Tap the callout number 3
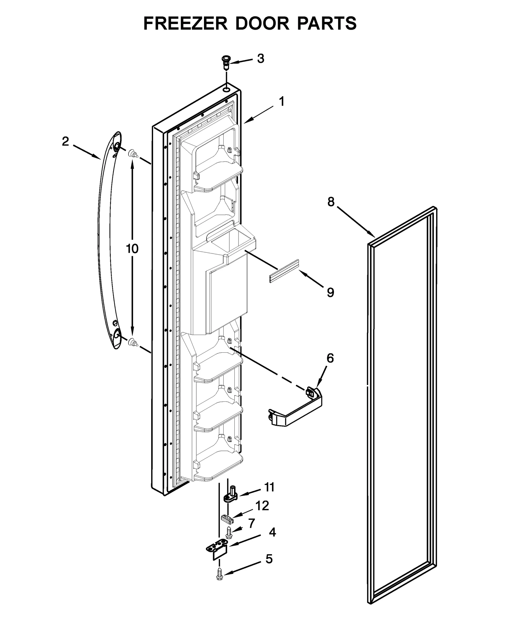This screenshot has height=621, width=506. point(260,59)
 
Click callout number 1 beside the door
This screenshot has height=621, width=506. point(281,102)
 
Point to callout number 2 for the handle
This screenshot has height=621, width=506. point(65,141)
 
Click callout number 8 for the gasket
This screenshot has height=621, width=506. point(331,202)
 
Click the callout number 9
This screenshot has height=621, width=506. point(330,292)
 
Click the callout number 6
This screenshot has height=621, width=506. point(330,358)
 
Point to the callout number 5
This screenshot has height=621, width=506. point(269,559)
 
